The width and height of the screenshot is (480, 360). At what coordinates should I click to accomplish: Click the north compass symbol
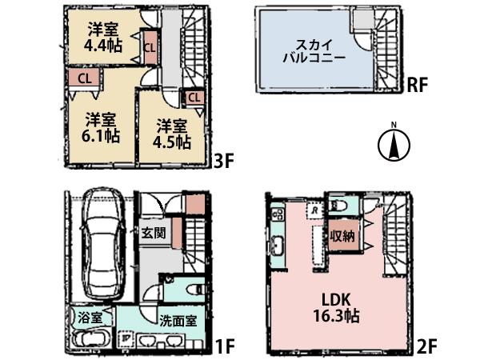tap(393, 146)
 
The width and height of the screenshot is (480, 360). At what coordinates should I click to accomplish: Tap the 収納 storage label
tap(344, 236)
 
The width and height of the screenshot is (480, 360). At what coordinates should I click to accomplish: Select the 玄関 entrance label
tap(154, 234)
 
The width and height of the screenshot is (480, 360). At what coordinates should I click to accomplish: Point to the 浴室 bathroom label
tap(90, 317)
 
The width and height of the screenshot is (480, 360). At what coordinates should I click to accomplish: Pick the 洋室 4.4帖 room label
tap(103, 38)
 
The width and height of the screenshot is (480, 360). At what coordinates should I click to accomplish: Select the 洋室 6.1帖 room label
tap(102, 127)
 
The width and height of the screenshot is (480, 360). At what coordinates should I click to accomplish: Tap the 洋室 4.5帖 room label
tap(173, 134)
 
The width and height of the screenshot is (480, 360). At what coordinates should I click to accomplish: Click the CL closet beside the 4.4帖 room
tap(150, 46)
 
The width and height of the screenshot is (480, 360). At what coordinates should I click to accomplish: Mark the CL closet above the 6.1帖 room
tap(84, 78)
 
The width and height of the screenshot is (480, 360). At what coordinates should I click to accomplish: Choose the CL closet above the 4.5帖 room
tap(194, 98)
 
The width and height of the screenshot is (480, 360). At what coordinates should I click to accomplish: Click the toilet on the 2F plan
tap(338, 206)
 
